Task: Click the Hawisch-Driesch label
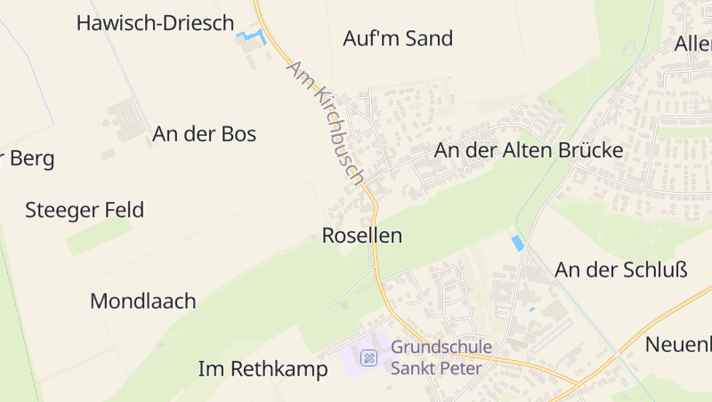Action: tap(155, 23)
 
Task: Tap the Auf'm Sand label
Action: tap(398, 38)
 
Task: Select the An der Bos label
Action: tap(204, 134)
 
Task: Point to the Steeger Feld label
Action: tap(85, 211)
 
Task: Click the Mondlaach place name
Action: tap(142, 301)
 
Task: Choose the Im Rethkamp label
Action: tap(263, 369)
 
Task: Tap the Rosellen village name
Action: tap(361, 236)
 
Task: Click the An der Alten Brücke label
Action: tap(528, 151)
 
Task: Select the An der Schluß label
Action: tap(621, 269)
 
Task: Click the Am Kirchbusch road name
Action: tap(325, 123)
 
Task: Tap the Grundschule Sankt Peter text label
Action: tap(436, 358)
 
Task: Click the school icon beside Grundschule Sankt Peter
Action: tap(368, 358)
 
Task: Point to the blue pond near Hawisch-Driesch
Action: tap(252, 37)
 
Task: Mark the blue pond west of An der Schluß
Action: tap(517, 243)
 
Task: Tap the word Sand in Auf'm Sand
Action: tap(429, 38)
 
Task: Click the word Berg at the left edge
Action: tap(33, 159)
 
